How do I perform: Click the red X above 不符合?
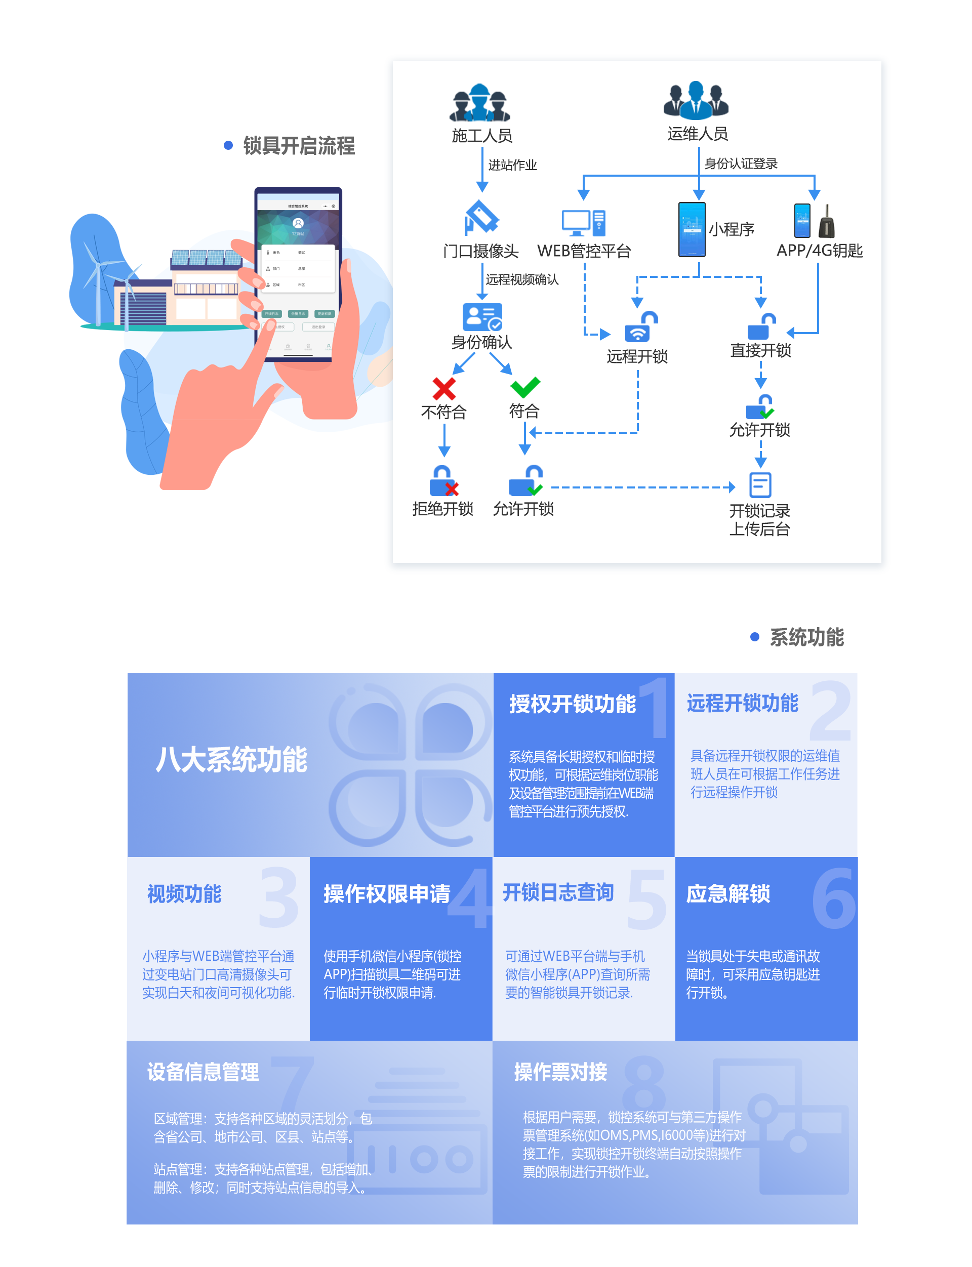pyautogui.click(x=444, y=389)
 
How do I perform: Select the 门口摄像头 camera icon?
pyautogui.click(x=481, y=218)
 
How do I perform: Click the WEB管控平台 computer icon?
pyautogui.click(x=583, y=223)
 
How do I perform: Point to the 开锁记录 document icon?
pyautogui.click(x=760, y=485)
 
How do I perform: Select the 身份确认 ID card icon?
pyautogui.click(x=482, y=317)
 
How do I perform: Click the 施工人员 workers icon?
pyautogui.click(x=479, y=103)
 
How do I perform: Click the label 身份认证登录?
pyautogui.click(x=741, y=164)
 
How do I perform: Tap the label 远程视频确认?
pyautogui.click(x=522, y=280)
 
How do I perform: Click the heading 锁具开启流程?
pyautogui.click(x=299, y=146)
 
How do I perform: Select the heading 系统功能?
pyautogui.click(x=806, y=637)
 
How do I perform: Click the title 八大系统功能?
pyautogui.click(x=231, y=760)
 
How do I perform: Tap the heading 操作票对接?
pyautogui.click(x=560, y=1072)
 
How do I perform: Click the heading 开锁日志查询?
pyautogui.click(x=558, y=893)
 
